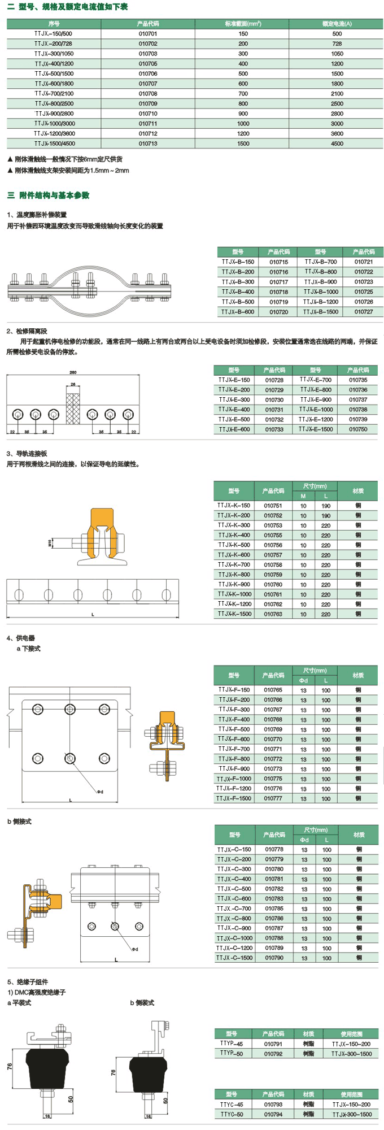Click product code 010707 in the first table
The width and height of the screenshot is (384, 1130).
(148, 84)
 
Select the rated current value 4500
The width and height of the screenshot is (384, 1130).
(337, 144)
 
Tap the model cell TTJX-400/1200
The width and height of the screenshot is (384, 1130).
(54, 64)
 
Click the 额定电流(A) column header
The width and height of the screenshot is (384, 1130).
(337, 24)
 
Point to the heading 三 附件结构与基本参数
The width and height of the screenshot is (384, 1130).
(49, 195)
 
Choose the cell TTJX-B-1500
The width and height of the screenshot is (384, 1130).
(321, 312)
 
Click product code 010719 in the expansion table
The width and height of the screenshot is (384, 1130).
(278, 302)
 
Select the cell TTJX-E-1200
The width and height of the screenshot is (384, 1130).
(316, 419)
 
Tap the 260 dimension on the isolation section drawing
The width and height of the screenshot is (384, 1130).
(73, 372)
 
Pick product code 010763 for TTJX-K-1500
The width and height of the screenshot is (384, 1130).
(273, 614)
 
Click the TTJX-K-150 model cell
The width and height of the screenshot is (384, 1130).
(234, 506)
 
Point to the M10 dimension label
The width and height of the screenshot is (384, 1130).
(50, 543)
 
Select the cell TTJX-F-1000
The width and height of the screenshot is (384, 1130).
(234, 779)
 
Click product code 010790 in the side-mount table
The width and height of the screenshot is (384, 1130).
(274, 958)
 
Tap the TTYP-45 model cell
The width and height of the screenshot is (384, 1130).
(232, 1044)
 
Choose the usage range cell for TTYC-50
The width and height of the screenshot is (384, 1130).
(351, 1114)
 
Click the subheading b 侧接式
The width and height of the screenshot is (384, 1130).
(20, 822)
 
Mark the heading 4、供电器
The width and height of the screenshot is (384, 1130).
(21, 638)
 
